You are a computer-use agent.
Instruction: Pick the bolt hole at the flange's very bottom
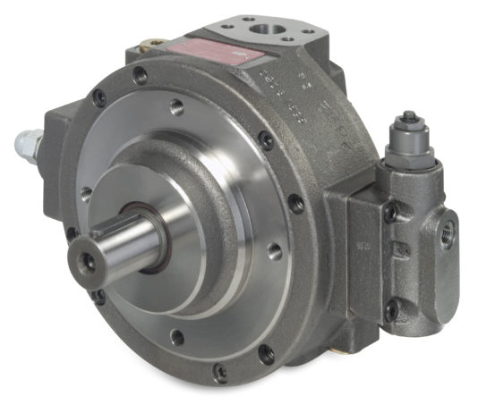177,337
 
